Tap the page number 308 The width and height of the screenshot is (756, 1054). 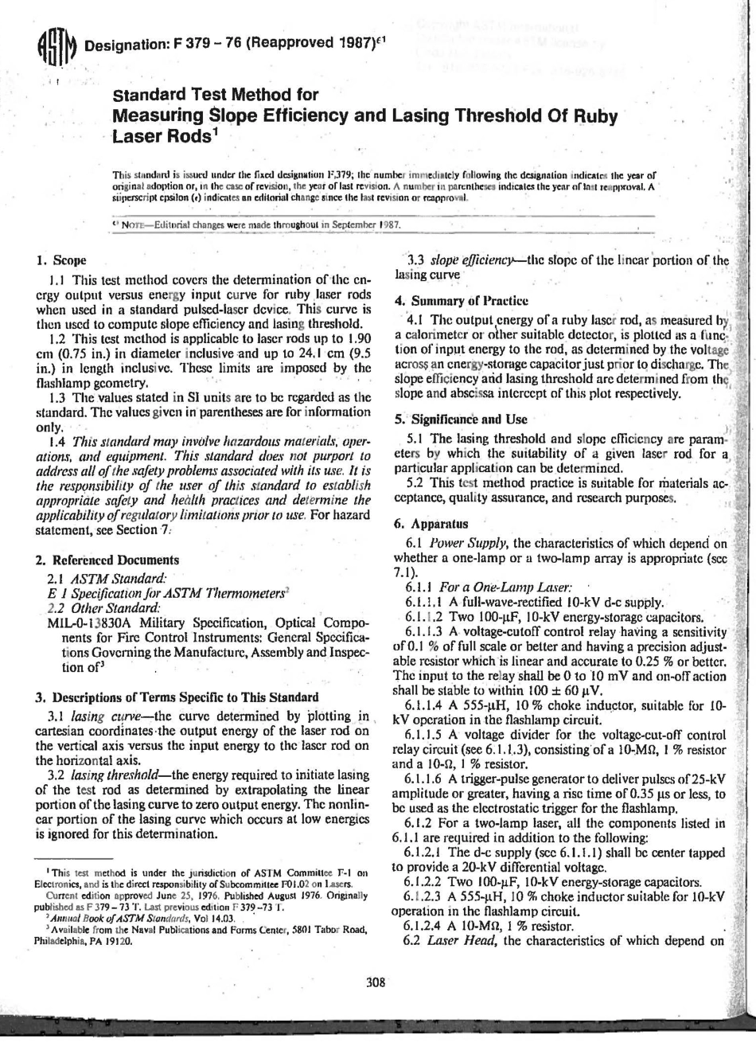(x=376, y=982)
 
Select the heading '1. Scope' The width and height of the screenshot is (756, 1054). (x=61, y=260)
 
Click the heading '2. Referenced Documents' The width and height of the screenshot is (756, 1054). (x=108, y=560)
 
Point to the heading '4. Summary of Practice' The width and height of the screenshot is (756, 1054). (x=461, y=301)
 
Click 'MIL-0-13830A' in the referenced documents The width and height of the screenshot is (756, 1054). (x=84, y=623)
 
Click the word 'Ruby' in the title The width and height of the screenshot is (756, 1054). (x=589, y=116)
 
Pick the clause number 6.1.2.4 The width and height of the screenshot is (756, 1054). (x=426, y=926)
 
